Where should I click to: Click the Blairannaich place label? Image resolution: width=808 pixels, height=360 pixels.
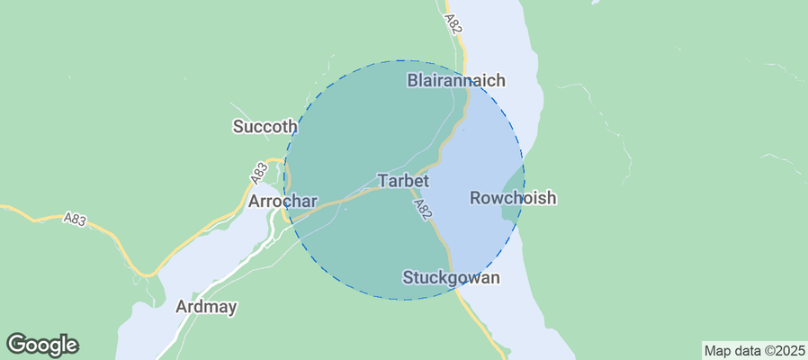(456, 80)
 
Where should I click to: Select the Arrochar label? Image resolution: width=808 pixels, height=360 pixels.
(279, 200)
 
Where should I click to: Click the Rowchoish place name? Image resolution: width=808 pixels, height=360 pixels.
(513, 198)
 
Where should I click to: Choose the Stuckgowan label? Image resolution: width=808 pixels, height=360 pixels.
(451, 277)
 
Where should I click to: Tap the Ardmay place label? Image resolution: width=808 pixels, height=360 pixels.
(207, 307)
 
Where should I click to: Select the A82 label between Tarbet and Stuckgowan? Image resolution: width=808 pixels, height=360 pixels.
(423, 211)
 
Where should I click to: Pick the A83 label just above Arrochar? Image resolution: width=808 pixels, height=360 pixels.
(259, 169)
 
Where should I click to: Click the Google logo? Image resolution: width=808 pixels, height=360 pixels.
(42, 344)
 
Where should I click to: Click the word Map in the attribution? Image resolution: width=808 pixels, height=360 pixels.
(717, 350)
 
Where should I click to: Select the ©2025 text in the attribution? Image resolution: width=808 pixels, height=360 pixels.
(781, 350)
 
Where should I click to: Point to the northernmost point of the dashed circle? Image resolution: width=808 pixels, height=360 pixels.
(404, 61)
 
